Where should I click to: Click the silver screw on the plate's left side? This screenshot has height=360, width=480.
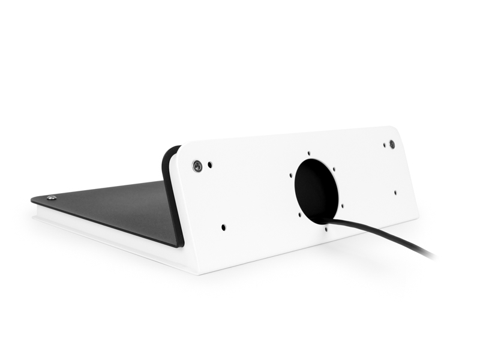tap(197, 166)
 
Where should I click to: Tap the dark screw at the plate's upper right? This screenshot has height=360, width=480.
tap(392, 145)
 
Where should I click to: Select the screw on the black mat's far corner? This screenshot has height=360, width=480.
tap(52, 198)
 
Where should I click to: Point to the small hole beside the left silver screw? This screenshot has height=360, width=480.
tap(210, 163)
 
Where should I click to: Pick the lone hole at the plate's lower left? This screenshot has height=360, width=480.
tap(223, 227)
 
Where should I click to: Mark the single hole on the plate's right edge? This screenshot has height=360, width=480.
tap(395, 193)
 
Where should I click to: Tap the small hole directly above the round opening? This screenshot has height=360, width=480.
tap(308, 153)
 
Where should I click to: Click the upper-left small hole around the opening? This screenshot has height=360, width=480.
tap(291, 176)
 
